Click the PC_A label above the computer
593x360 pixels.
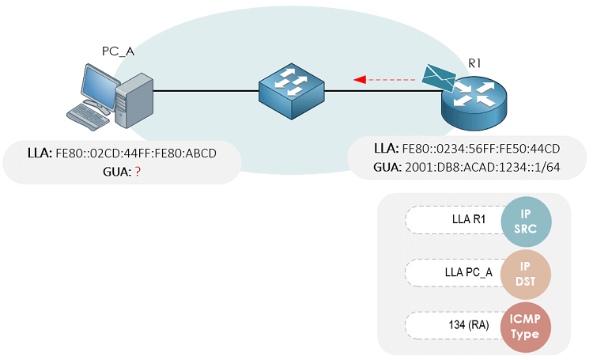118,51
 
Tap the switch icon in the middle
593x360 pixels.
292,92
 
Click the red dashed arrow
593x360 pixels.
384,79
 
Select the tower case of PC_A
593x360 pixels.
131,98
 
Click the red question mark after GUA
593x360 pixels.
138,169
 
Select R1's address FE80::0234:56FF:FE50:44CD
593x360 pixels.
482,149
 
